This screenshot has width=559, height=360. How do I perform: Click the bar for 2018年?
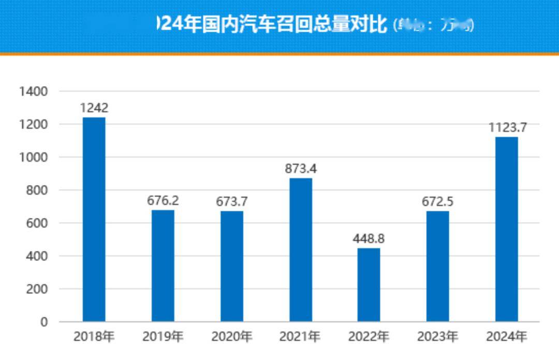pyautogui.click(x=94, y=219)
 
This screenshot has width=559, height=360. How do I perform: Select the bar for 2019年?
pyautogui.click(x=163, y=266)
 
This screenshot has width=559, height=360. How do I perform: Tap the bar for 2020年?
pyautogui.click(x=231, y=266)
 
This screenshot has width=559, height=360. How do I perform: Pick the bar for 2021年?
pyautogui.click(x=300, y=250)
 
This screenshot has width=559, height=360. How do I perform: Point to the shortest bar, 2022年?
pyautogui.click(x=369, y=285)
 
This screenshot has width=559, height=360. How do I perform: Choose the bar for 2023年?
pyautogui.click(x=438, y=266)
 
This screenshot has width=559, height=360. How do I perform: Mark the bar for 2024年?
pyautogui.click(x=506, y=229)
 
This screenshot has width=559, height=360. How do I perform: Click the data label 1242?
pyautogui.click(x=94, y=108)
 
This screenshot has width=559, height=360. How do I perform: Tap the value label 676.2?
pyautogui.click(x=163, y=200)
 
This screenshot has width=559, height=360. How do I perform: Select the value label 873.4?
pyautogui.click(x=300, y=169)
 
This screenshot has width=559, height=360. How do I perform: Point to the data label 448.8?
pyautogui.click(x=369, y=239)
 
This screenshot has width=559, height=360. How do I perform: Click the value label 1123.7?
pyautogui.click(x=507, y=127)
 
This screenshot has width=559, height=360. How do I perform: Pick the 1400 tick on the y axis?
pyautogui.click(x=33, y=92)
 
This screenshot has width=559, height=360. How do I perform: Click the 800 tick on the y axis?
pyautogui.click(x=36, y=190)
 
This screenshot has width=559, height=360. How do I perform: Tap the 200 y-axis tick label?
pyautogui.click(x=36, y=289)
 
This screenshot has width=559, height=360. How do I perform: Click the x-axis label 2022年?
pyautogui.click(x=369, y=337)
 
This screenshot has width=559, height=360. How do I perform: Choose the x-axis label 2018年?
pyautogui.click(x=94, y=337)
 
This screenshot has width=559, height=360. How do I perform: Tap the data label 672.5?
pyautogui.click(x=438, y=201)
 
